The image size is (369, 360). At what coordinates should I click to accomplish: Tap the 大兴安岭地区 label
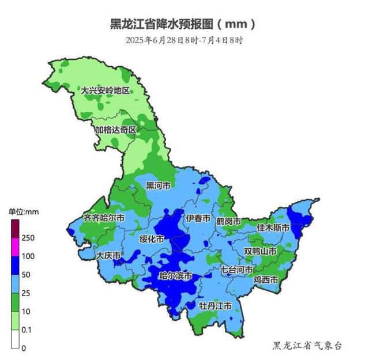pos(106,91)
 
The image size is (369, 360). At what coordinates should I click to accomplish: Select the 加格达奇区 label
pos(115,130)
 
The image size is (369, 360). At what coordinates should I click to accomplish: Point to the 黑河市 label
pos(157,185)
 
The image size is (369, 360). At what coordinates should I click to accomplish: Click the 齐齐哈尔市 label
pos(104,218)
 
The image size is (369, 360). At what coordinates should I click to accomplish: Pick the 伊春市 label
pos(198,219)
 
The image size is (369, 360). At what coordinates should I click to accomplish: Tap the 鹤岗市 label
pos(228,221)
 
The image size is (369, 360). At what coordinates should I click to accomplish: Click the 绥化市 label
pos(152,238)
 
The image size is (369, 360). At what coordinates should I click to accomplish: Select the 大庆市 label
pos(108,255)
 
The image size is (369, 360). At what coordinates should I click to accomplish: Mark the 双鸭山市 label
pos(260,252)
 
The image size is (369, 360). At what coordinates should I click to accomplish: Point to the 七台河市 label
pos(236,270)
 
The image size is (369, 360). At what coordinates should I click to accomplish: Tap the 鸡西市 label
pos(266,279)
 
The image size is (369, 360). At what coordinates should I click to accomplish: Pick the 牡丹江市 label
pos(215,305)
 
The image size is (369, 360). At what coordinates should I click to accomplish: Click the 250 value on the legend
pos(29,237)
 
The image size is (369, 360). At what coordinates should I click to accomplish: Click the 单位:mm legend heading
pos(23,211)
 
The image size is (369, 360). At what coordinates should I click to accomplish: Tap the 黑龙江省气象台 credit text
pos(307,345)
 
